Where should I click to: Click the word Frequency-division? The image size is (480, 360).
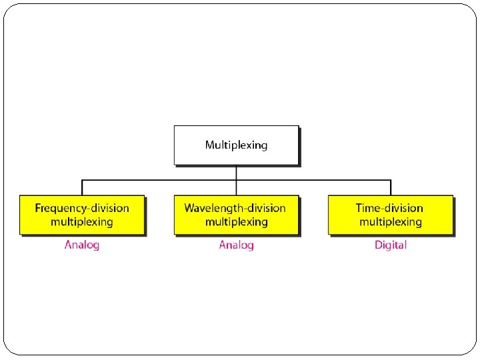81,208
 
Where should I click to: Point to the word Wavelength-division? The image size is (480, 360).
236,208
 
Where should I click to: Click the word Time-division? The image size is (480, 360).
390,208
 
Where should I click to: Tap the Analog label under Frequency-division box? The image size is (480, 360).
81,245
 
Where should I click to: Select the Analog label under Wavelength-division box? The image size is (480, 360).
236,245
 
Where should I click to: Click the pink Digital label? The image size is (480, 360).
390,245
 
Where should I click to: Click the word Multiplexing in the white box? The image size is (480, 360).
236,145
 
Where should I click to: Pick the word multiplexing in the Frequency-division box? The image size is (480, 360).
81,221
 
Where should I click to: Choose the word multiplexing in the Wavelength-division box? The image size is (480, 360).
236,221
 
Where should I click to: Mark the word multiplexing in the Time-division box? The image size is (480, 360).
390,221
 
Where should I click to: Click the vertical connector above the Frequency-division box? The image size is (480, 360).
82,187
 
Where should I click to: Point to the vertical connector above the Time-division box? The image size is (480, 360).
391,187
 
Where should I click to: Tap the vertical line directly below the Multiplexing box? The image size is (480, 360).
236,172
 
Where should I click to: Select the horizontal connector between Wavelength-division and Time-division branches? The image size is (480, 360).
313,180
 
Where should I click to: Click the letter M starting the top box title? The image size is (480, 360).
209,145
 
